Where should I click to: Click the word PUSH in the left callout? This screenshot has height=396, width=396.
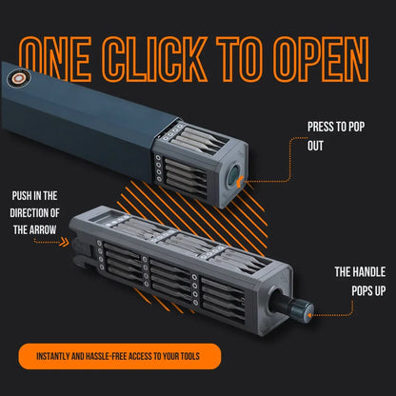tap(22, 196)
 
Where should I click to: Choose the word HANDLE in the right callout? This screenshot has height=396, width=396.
tap(358, 272)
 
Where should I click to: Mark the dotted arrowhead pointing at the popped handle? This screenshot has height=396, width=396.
tap(315, 310)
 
